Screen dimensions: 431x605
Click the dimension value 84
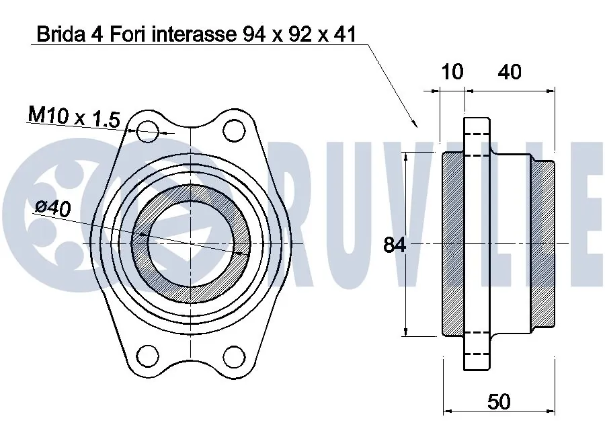(x=395, y=245)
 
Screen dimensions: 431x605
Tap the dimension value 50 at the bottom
(x=498, y=401)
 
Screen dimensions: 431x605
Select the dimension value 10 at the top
(x=452, y=72)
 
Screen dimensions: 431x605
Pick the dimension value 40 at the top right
(x=510, y=72)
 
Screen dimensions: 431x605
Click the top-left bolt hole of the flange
(x=147, y=131)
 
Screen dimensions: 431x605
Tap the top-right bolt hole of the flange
(x=233, y=129)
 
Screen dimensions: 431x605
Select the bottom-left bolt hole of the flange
(x=147, y=354)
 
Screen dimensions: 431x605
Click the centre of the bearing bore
(x=191, y=242)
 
